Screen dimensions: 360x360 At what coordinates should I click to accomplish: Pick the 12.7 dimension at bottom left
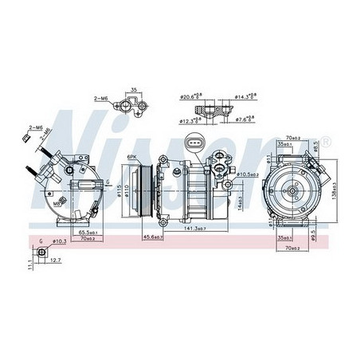tap(54, 259)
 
